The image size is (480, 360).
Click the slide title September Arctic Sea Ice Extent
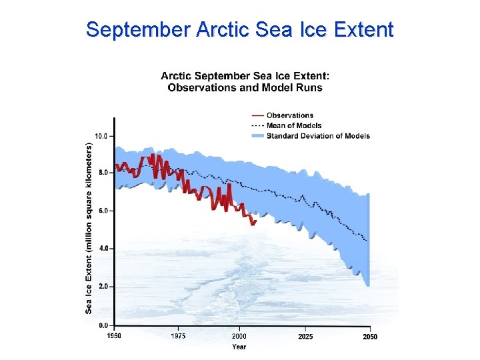click(x=240, y=30)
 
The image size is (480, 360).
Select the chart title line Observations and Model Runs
click(x=245, y=87)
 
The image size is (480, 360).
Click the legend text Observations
click(x=289, y=115)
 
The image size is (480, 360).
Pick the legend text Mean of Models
click(x=294, y=125)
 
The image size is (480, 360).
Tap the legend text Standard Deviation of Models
click(x=318, y=135)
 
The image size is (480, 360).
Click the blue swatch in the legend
click(x=257, y=135)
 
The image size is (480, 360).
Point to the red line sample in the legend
click(x=257, y=115)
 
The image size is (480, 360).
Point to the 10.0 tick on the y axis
click(x=101, y=136)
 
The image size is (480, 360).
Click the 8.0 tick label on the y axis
click(x=102, y=173)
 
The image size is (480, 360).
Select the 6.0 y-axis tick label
click(x=102, y=211)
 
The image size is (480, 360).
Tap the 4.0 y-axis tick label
click(x=102, y=249)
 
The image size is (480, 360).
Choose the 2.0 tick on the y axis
click(x=102, y=287)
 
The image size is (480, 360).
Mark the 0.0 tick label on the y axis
click(x=102, y=325)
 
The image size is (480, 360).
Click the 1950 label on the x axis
click(x=114, y=337)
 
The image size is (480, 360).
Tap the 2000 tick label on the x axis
click(x=239, y=337)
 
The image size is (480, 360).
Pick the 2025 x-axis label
click(x=305, y=337)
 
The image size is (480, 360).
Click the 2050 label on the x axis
click(x=369, y=337)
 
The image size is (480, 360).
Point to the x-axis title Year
click(x=239, y=347)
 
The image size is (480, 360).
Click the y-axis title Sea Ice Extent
click(x=89, y=227)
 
